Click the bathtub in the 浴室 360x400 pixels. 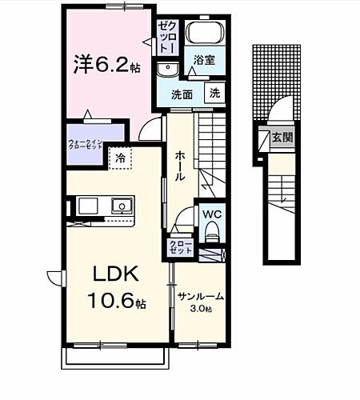click(206, 34)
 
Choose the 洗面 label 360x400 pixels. click(182, 94)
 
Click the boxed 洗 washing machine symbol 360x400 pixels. click(214, 93)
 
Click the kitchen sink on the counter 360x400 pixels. click(122, 206)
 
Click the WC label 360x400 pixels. click(212, 215)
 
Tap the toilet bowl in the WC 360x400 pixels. click(211, 234)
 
